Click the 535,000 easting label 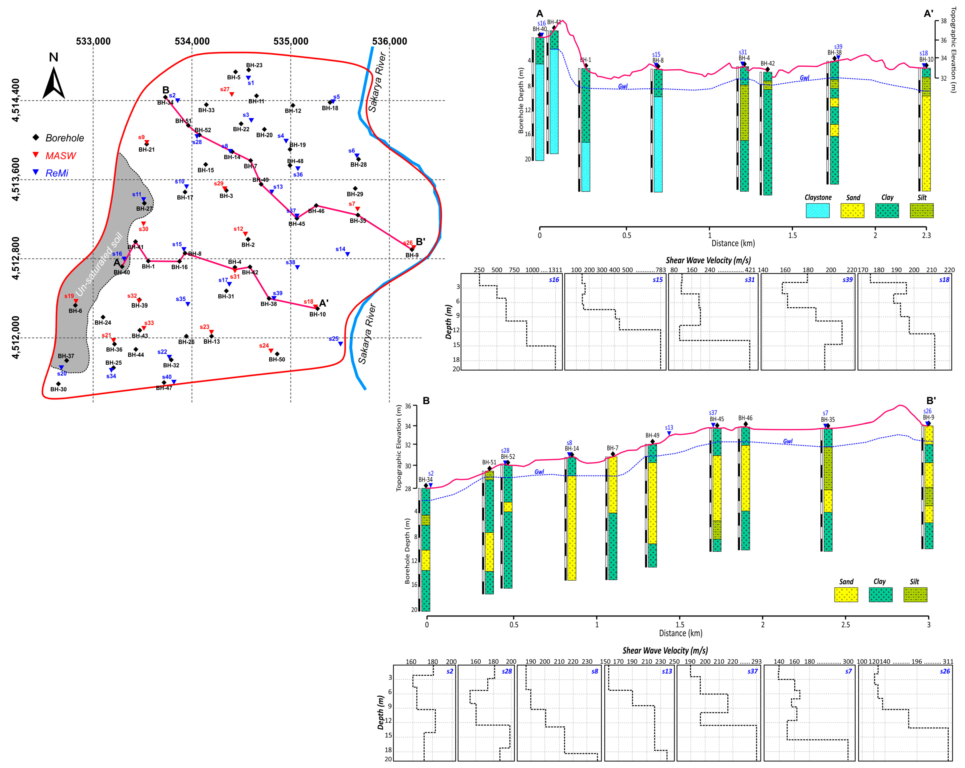tap(291, 41)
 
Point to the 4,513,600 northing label tap(16, 179)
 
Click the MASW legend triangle tap(36, 155)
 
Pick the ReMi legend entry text tap(57, 173)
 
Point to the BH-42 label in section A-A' tap(767, 64)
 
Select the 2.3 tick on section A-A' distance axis tap(926, 236)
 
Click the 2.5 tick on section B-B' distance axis tap(845, 625)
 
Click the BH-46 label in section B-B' tap(745, 418)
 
